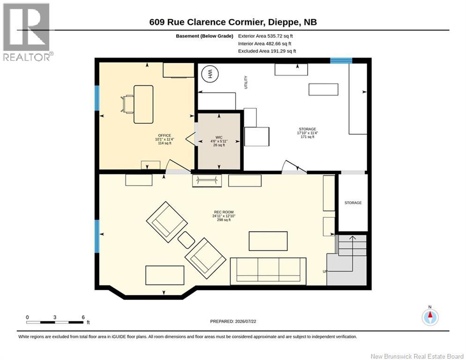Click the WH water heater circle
click(210, 74)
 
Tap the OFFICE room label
click(164, 135)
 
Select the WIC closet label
click(219, 137)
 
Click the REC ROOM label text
click(224, 212)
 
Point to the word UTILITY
click(246, 82)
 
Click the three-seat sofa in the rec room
click(268, 271)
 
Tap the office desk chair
click(127, 104)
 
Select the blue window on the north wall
click(341, 60)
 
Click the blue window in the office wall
click(96, 98)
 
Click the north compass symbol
click(430, 317)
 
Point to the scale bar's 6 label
click(83, 317)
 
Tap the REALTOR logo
click(26, 32)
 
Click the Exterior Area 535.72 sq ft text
click(266, 36)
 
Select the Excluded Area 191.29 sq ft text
click(267, 51)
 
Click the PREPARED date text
click(233, 321)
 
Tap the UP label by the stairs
click(325, 271)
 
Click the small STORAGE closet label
click(353, 202)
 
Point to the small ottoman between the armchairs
click(186, 240)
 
